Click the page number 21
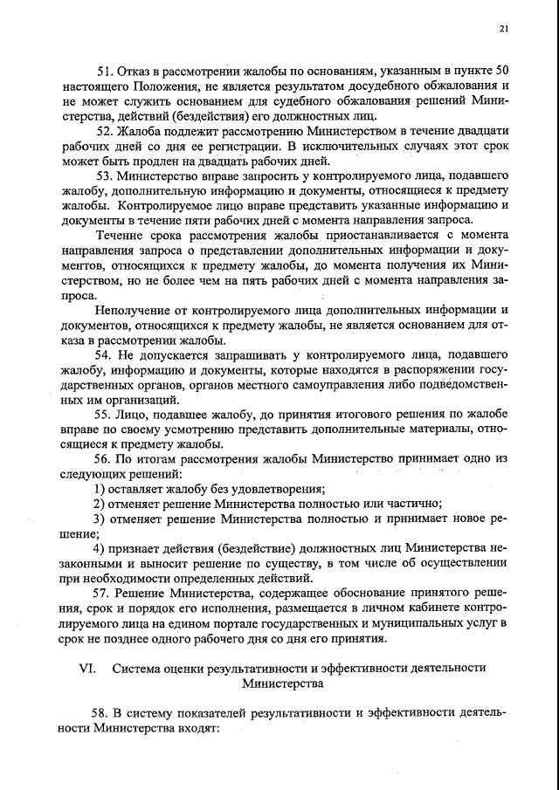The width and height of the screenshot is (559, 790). click(504, 28)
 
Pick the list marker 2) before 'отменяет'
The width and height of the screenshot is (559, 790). click(100, 503)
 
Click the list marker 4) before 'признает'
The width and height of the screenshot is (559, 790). click(100, 548)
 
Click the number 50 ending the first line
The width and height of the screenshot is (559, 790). click(501, 69)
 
